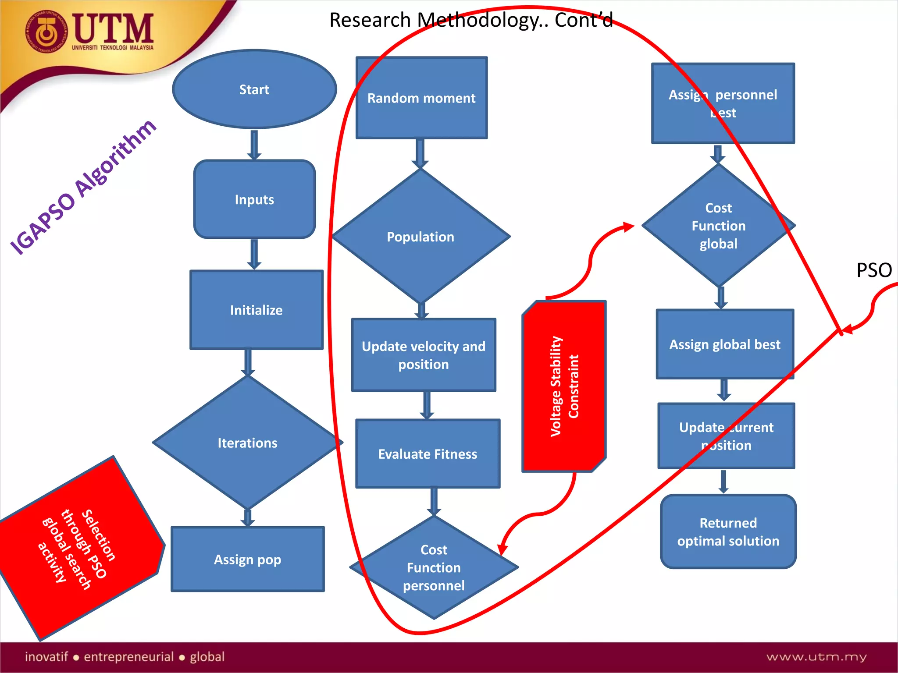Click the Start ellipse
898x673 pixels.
tap(254, 89)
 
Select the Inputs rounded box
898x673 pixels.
tap(254, 200)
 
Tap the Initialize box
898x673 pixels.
tap(257, 310)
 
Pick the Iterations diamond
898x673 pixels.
tap(248, 443)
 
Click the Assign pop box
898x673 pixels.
tap(248, 560)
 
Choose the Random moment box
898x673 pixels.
tap(421, 98)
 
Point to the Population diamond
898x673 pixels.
tap(420, 237)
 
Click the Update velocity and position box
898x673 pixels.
tap(424, 355)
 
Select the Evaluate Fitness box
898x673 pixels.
tap(428, 454)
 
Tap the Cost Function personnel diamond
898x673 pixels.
tap(434, 567)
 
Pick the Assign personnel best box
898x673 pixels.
tap(723, 103)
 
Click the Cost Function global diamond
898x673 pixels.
tap(718, 226)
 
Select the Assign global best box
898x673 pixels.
tap(725, 344)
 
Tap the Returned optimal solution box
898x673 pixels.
tap(728, 531)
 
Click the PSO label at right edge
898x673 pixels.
tap(874, 270)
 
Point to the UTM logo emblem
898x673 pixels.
tap(46, 32)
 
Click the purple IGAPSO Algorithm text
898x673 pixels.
tap(83, 187)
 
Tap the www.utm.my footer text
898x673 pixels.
tap(816, 657)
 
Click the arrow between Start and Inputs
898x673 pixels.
tap(254, 145)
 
